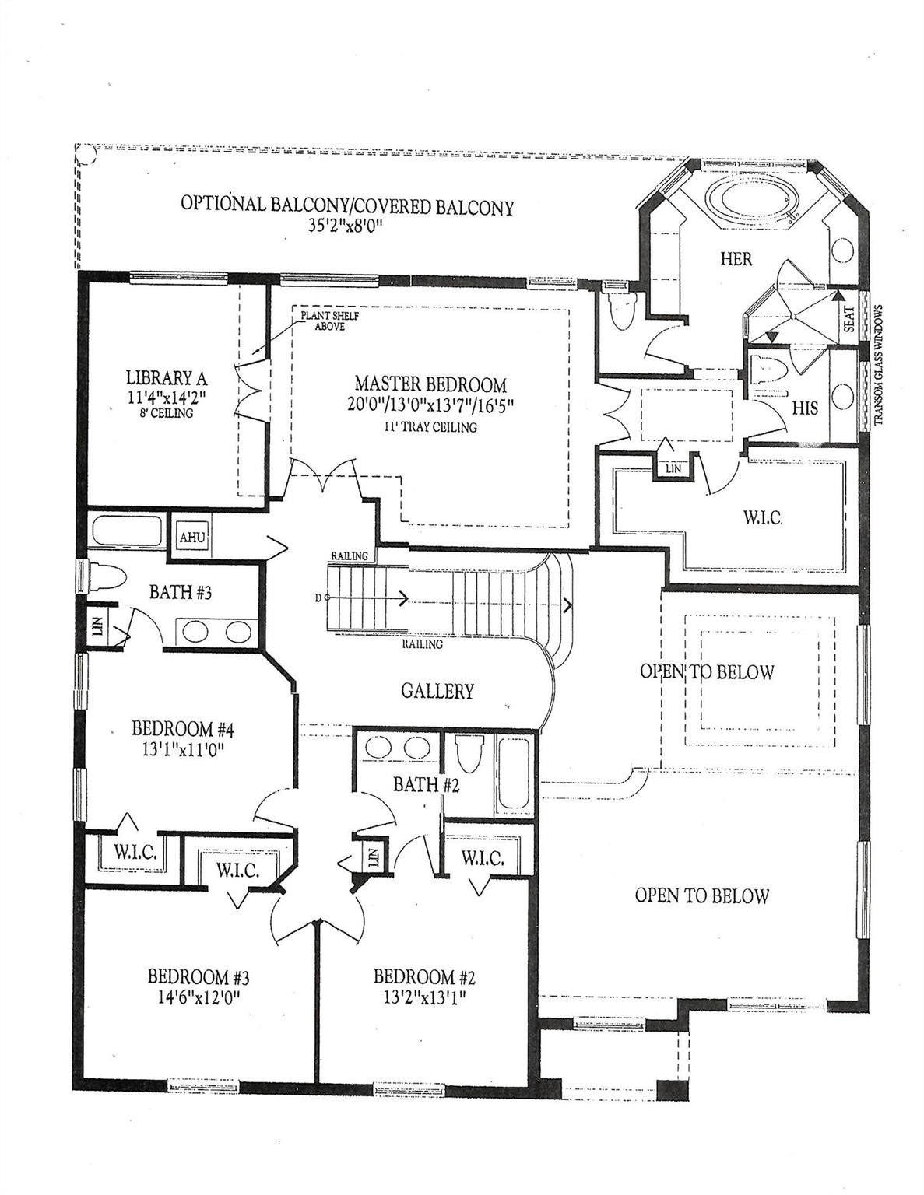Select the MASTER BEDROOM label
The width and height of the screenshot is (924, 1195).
[x=430, y=384]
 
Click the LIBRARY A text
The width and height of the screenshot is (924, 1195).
[x=166, y=378]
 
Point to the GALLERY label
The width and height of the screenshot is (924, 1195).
[x=437, y=690]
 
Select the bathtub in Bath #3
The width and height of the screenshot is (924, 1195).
[x=127, y=533]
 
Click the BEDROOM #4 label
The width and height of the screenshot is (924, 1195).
[x=183, y=729]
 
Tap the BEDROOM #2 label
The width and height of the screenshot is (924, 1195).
[x=423, y=976]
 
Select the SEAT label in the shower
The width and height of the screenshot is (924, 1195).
[x=848, y=317]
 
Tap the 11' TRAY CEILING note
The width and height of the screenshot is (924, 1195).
[x=430, y=427]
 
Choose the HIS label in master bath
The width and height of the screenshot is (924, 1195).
[x=805, y=407]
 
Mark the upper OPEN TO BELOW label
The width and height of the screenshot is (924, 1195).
[x=706, y=671]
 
